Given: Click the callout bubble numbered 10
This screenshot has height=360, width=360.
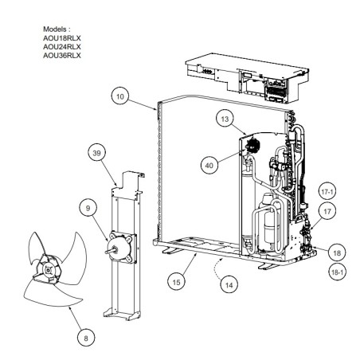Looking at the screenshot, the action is point(120,96).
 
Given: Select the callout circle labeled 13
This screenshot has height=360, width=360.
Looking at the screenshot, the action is point(225,119).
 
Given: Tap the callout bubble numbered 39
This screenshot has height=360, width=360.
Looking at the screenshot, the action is point(97,153).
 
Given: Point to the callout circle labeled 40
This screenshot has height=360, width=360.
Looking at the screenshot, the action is point(209,166).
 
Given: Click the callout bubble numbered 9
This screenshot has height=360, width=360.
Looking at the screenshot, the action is point(88,208).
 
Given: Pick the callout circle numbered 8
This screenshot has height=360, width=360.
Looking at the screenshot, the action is point(86,338).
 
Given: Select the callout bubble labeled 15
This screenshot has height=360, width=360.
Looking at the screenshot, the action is point(176,282).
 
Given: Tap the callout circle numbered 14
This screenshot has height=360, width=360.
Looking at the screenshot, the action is point(229,285).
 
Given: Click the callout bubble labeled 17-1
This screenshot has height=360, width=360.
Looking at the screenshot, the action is point(327,191).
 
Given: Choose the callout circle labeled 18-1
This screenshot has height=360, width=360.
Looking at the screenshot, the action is point(337,272).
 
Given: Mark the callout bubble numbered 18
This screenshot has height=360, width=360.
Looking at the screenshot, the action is point(337,252).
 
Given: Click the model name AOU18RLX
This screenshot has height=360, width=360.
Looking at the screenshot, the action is point(62,38).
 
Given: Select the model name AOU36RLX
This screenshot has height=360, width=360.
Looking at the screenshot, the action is point(62,56).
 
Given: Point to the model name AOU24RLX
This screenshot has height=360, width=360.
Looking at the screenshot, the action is point(62,47).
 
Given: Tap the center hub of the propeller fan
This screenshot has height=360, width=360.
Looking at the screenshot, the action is point(48,270).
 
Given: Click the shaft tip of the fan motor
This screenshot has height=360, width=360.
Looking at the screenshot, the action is point(106,252).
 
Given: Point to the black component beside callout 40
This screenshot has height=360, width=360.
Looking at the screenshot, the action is point(252,145).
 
